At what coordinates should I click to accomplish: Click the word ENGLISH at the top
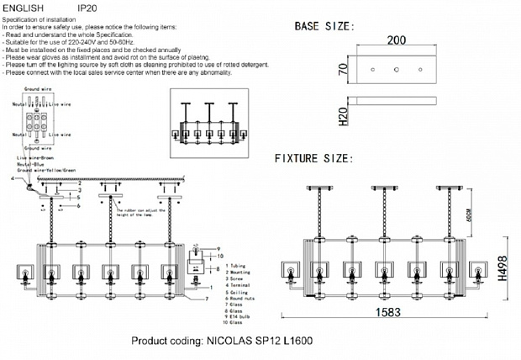tap(23, 7)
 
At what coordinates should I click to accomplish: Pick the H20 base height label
tap(343, 114)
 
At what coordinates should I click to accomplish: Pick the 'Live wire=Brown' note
tap(34, 157)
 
